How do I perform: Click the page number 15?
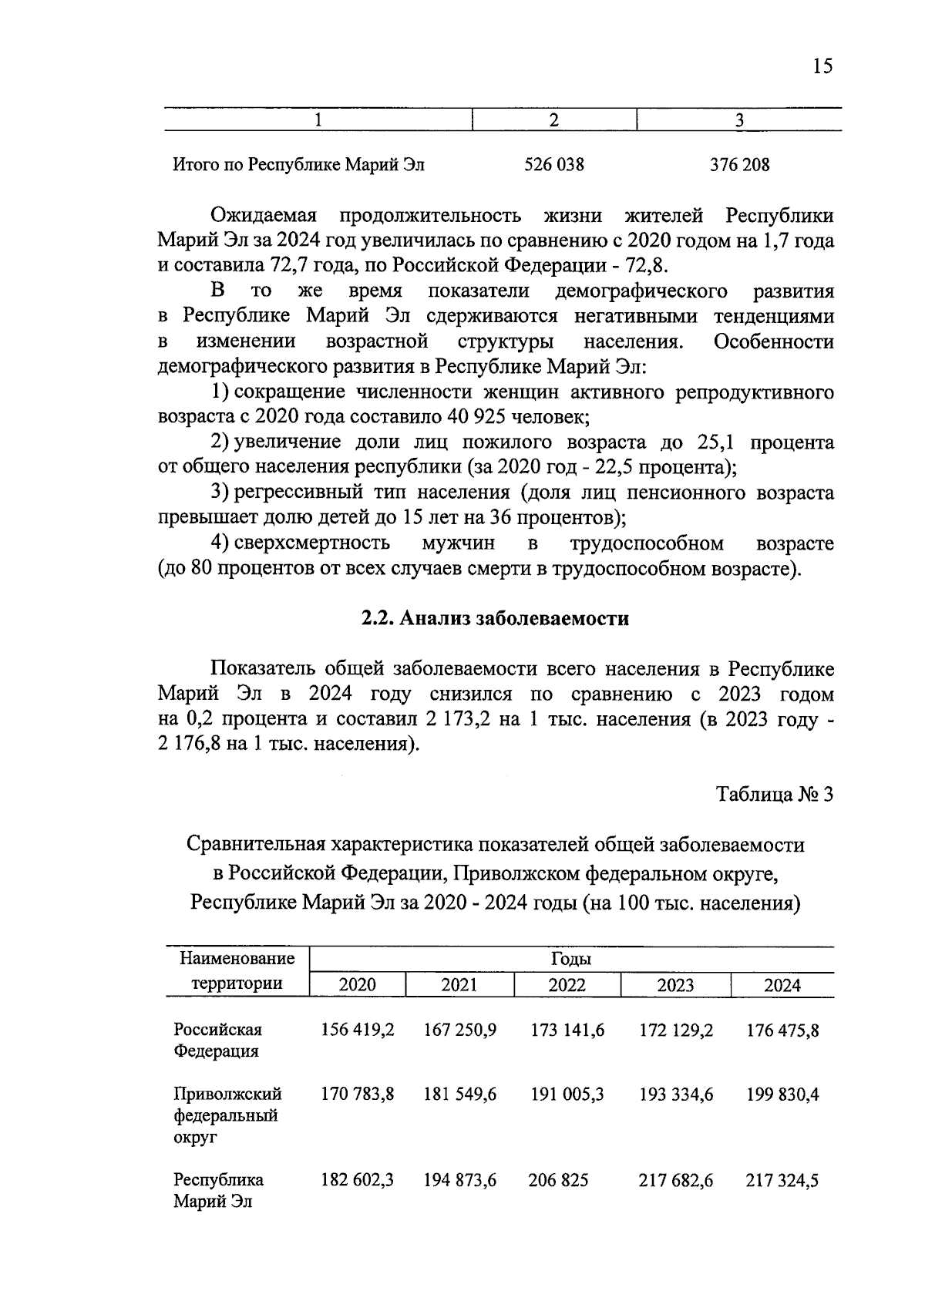pyautogui.click(x=822, y=66)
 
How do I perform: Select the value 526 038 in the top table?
pyautogui.click(x=553, y=165)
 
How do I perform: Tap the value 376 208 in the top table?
pyautogui.click(x=739, y=165)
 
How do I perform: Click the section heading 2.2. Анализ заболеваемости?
pyautogui.click(x=495, y=619)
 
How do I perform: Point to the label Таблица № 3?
pyautogui.click(x=775, y=795)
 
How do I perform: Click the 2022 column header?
pyautogui.click(x=567, y=985)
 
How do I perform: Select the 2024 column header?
pyautogui.click(x=782, y=985)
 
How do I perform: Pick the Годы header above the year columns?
pyautogui.click(x=570, y=960)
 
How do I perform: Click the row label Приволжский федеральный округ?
pyautogui.click(x=227, y=1115)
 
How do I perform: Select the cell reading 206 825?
pyautogui.click(x=558, y=1180)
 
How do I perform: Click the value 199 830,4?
pyautogui.click(x=782, y=1094)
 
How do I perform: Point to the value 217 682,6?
pyautogui.click(x=675, y=1180)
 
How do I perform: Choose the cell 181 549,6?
pyautogui.click(x=459, y=1094)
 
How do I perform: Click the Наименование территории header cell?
pyautogui.click(x=237, y=971)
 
